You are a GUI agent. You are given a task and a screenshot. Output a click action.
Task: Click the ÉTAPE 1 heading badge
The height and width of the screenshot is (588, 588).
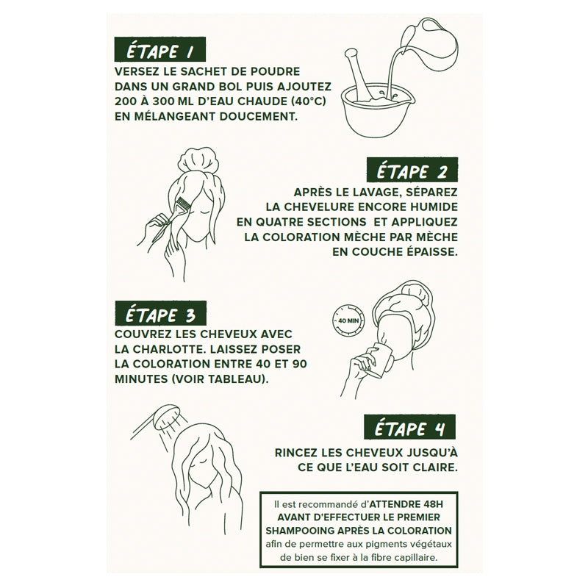159,51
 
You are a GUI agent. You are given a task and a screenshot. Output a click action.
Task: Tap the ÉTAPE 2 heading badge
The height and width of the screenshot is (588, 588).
412,171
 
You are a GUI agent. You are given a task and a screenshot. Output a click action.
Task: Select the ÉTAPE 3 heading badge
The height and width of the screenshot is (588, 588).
160,314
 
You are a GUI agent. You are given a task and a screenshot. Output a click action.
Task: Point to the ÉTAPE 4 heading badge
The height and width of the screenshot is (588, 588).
410,427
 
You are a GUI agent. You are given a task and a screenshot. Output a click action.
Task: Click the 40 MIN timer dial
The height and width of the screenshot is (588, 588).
345,320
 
